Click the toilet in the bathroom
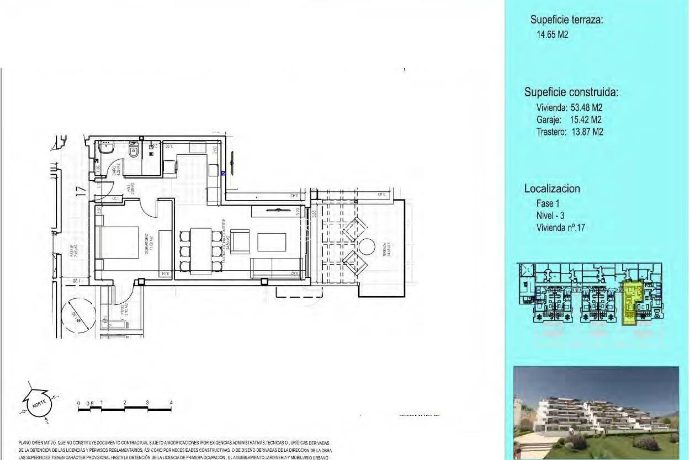pos(133,149)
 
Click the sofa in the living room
pos(278,268)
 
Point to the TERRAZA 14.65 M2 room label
pos(384,249)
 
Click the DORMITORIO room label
pos(148,244)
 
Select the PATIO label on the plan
pos(123,310)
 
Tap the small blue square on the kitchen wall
pos(223,173)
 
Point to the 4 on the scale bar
pos(171,403)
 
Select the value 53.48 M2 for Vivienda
pos(586,107)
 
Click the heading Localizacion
pos(552,189)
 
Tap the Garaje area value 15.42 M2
pos(585,120)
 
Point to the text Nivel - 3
pos(550,215)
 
